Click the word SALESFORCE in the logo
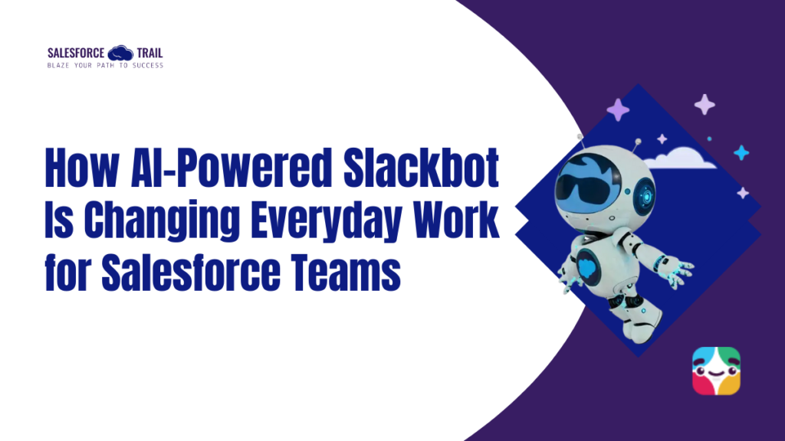pyautogui.click(x=76, y=54)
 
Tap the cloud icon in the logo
pyautogui.click(x=121, y=54)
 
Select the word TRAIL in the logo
pyautogui.click(x=149, y=54)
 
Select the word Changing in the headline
pyautogui.click(x=160, y=223)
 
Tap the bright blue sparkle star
pyautogui.click(x=741, y=152)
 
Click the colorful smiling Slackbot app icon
pyautogui.click(x=716, y=371)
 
